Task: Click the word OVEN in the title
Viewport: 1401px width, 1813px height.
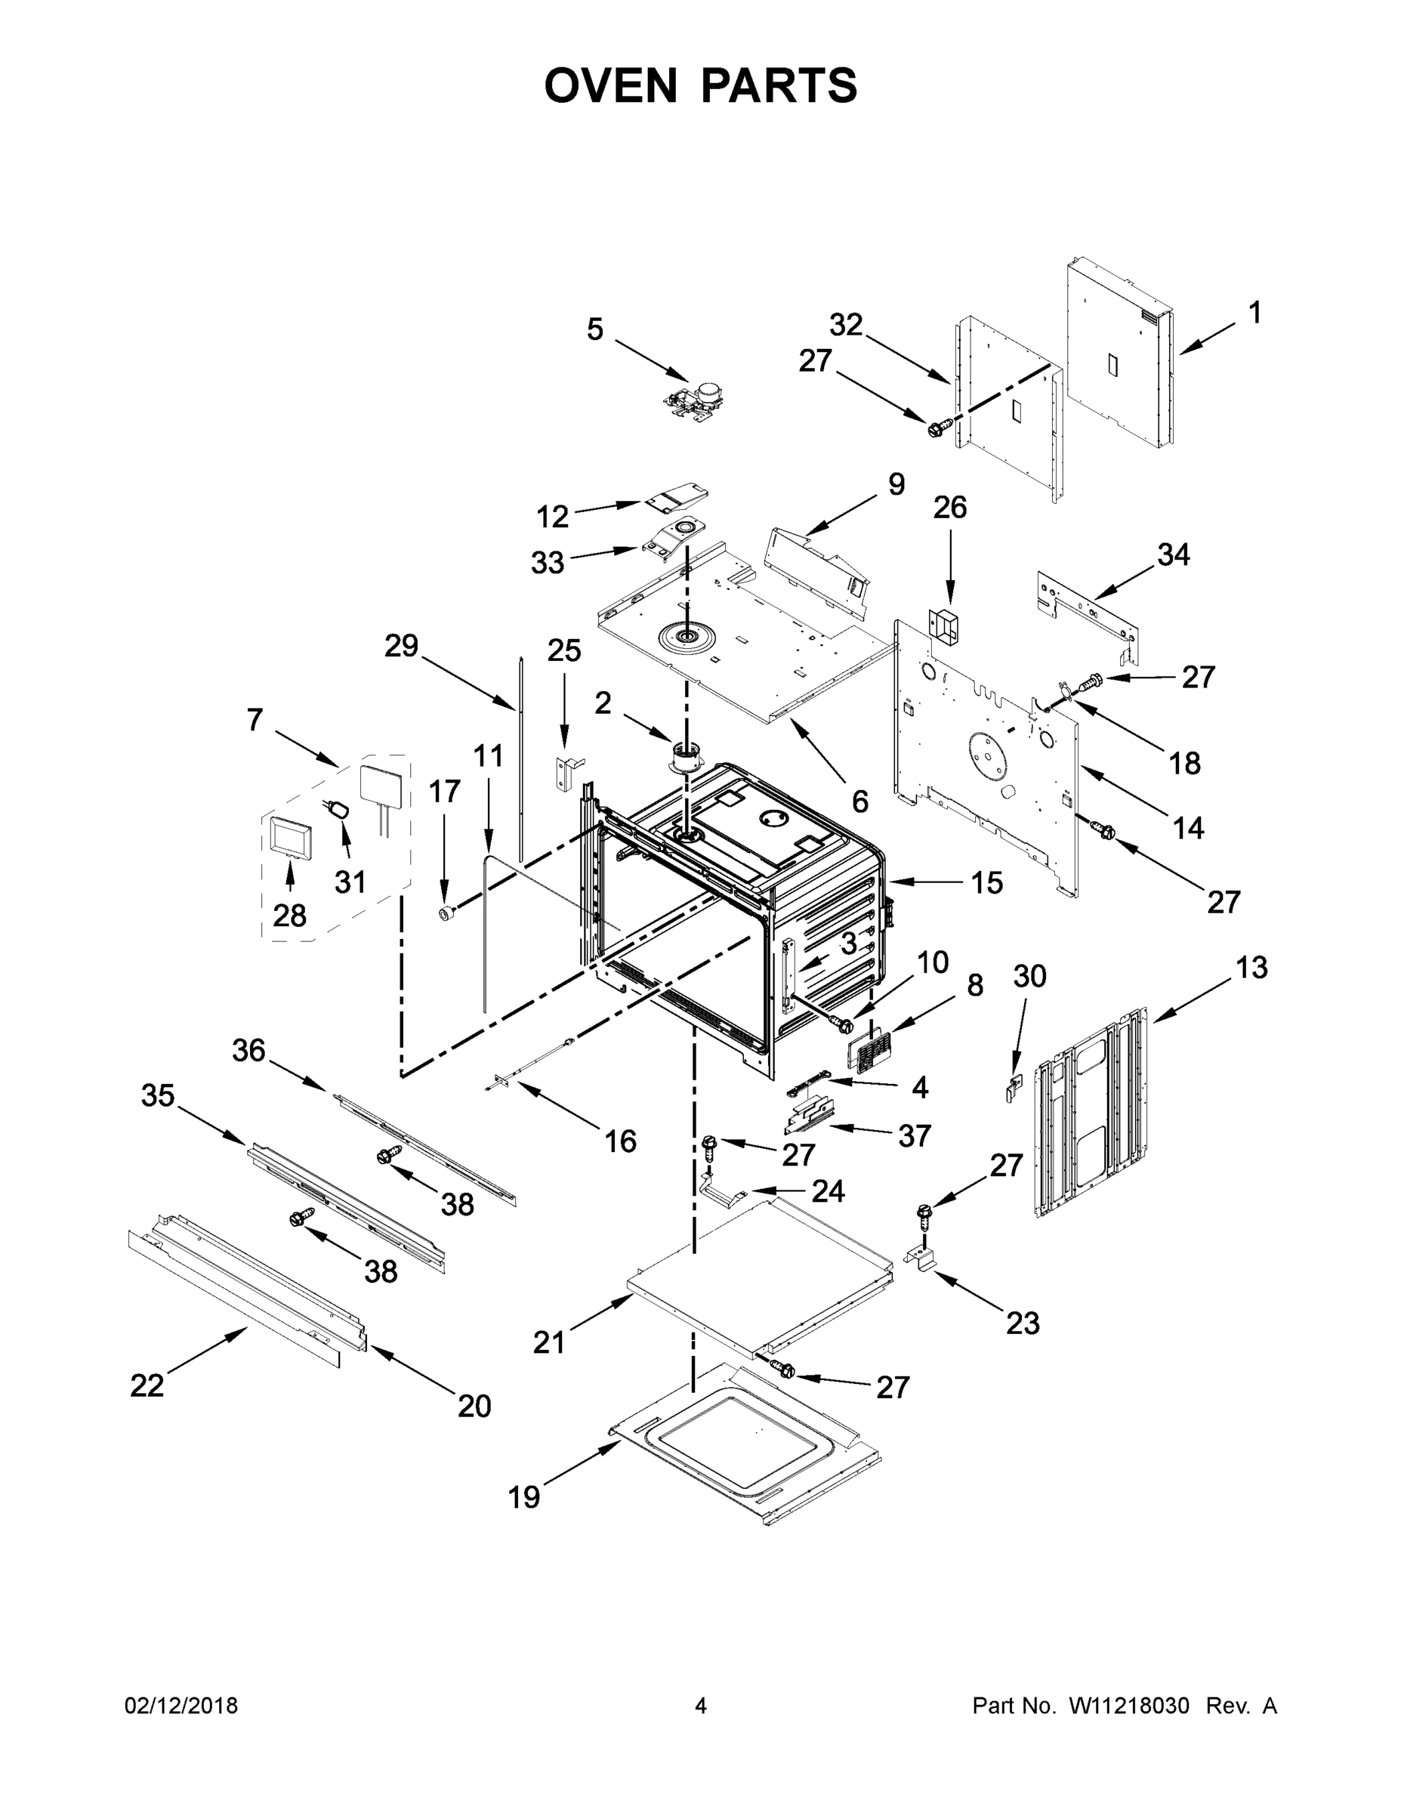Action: [x=611, y=85]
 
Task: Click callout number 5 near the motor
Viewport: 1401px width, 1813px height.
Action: [x=594, y=329]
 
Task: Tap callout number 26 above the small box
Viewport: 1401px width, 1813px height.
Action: [x=949, y=507]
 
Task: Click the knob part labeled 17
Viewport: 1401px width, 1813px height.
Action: [x=447, y=913]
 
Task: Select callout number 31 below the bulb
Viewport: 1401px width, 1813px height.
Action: [x=350, y=882]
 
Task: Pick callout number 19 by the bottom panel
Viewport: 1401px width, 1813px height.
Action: [x=523, y=1496]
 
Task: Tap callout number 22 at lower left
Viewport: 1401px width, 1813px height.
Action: [x=147, y=1385]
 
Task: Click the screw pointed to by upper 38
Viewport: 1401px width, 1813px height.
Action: [x=388, y=1154]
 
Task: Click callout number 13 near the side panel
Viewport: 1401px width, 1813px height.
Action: [x=1251, y=968]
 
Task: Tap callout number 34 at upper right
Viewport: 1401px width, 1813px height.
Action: [x=1173, y=554]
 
